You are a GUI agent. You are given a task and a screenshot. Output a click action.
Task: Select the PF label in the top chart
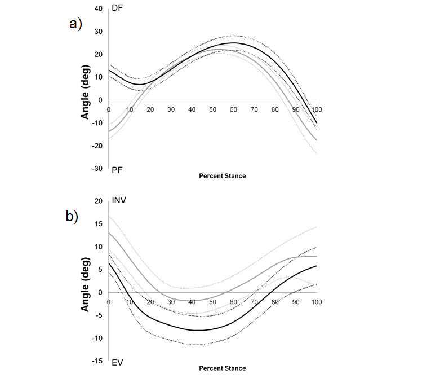[x=116, y=168]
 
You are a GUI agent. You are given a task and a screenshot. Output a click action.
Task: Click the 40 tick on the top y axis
[x=98, y=9]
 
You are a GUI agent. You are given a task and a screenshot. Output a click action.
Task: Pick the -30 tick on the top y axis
[x=97, y=169]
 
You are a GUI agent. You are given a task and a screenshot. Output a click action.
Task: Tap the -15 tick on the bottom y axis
[x=97, y=361]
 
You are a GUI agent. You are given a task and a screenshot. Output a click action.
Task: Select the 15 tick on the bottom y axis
[x=98, y=224]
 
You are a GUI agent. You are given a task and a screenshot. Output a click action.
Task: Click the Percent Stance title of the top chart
[x=222, y=176]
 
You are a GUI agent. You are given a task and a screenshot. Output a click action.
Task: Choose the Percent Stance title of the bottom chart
[x=222, y=368]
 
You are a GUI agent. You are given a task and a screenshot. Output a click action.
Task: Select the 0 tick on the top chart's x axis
[x=108, y=109]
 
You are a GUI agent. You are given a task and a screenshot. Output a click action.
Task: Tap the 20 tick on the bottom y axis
[x=98, y=201]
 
